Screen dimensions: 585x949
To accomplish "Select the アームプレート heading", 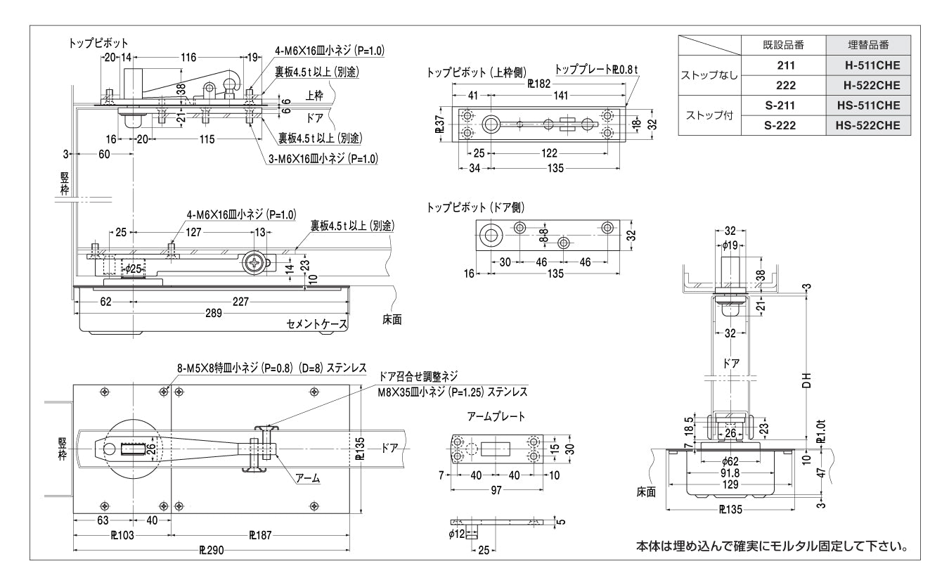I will click(496, 417).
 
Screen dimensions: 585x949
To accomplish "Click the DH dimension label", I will click(808, 380).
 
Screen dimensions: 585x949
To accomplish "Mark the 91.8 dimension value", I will click(729, 474).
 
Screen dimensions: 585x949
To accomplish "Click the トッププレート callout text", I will click(596, 70).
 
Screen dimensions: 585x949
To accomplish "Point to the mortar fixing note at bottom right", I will click(770, 546).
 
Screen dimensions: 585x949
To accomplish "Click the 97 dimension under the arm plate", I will click(496, 489).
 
